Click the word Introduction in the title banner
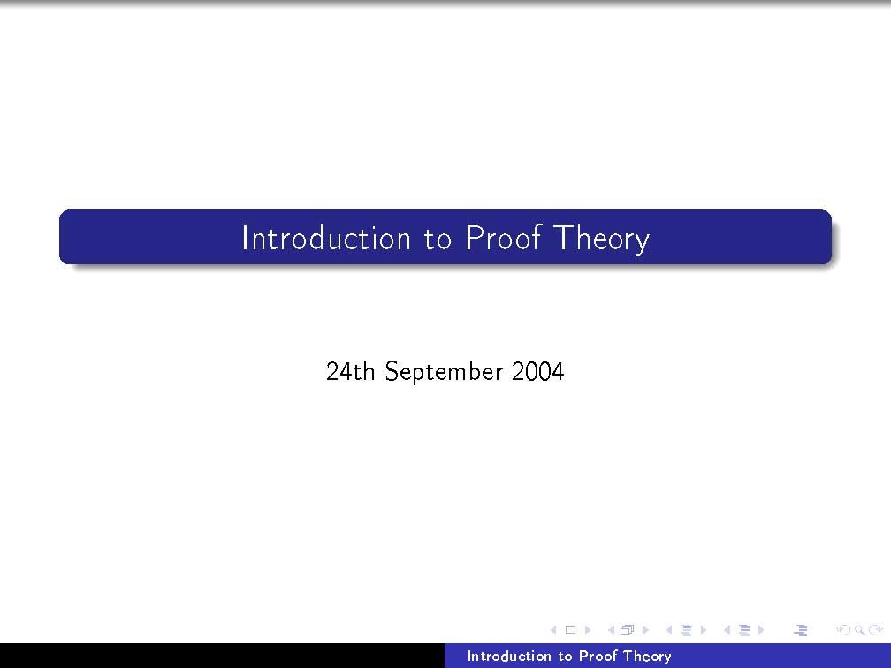325,239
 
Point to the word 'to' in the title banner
438,239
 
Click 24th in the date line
350,371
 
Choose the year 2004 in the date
537,371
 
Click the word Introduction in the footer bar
508,656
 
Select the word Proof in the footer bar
598,656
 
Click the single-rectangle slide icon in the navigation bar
570,630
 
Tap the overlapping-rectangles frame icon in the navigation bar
628,630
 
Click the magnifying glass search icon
858,630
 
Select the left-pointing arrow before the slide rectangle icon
553,630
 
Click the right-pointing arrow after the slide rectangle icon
587,630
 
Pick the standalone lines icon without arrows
801,630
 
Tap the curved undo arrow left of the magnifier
842,630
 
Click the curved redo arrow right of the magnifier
875,630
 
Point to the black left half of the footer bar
221,656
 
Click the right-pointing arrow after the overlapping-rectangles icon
645,630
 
